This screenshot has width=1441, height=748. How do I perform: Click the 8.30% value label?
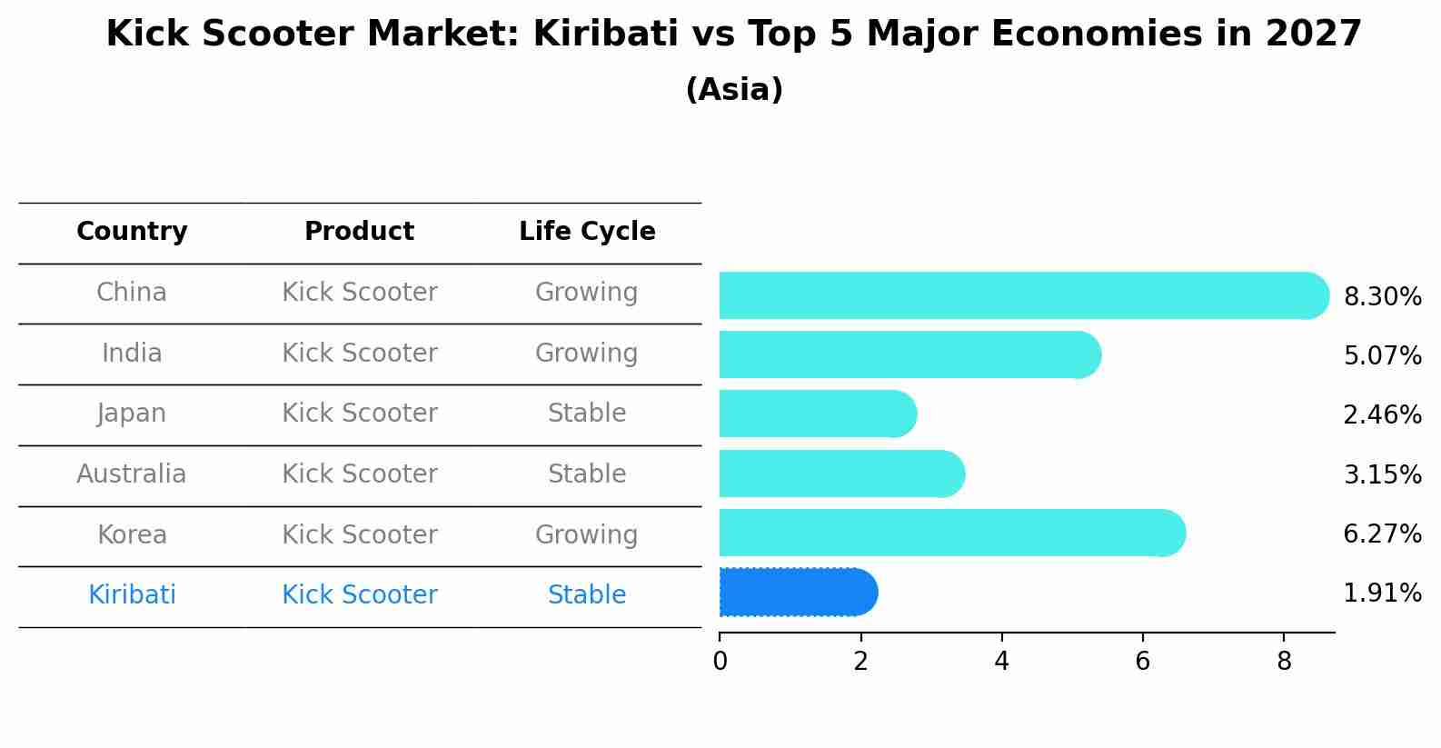coord(1382,297)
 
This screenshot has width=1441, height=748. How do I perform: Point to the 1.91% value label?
coord(1382,593)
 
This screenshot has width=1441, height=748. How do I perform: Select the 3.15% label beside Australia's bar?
coord(1382,474)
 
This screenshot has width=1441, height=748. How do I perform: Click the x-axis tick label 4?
coord(1001,662)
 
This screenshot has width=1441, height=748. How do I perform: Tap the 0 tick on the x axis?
coord(720,662)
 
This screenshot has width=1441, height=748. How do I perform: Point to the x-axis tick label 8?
coord(1284,662)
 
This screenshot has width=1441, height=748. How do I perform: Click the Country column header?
coord(132,232)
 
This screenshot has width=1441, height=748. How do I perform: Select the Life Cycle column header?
coord(587,232)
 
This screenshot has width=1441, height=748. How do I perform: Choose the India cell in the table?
coord(132,353)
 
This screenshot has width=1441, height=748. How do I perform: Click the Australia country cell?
coord(132,474)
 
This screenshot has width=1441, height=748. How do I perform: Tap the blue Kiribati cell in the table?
coord(132,595)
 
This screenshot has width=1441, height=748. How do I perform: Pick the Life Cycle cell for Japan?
coord(587,414)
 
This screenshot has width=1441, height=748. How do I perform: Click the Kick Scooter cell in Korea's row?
coord(360,534)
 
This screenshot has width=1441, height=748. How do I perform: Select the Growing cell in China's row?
coord(587,293)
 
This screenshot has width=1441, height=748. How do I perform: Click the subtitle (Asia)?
coord(734,90)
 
